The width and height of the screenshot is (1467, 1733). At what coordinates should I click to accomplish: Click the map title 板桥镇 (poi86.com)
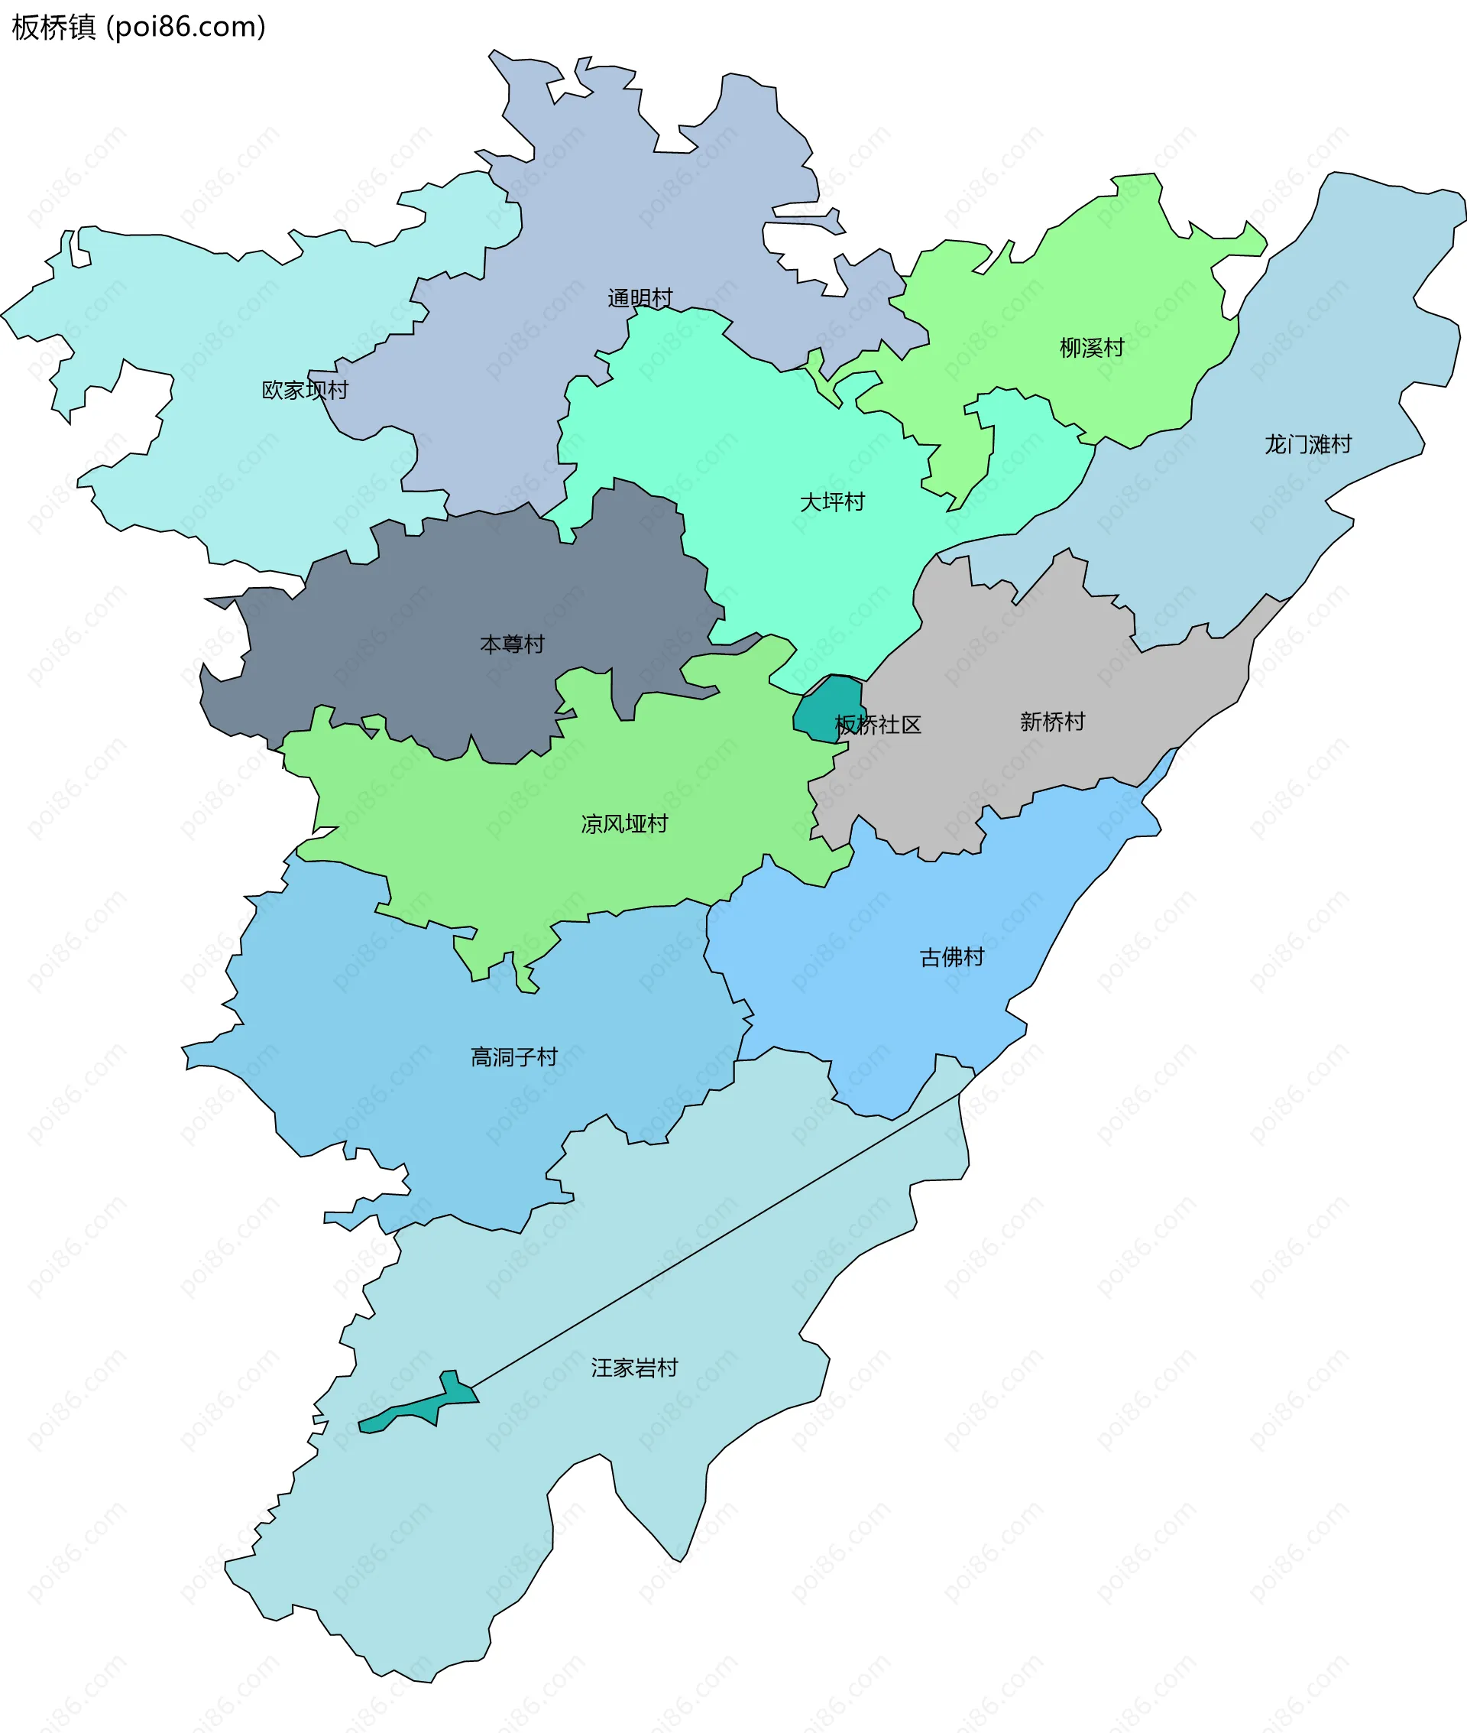pyautogui.click(x=138, y=28)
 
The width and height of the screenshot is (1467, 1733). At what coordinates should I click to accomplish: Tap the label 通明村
pyautogui.click(x=640, y=298)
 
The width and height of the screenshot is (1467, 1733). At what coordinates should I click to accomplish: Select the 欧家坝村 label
pyautogui.click(x=304, y=389)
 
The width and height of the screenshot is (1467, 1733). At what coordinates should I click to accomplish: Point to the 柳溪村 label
pyautogui.click(x=1091, y=347)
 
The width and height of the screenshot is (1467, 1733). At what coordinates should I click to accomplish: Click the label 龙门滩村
pyautogui.click(x=1307, y=444)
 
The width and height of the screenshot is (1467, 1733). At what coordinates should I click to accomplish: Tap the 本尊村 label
pyautogui.click(x=511, y=644)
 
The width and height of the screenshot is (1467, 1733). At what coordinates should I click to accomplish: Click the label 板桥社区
pyautogui.click(x=877, y=725)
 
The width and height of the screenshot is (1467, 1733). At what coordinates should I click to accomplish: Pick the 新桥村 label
pyautogui.click(x=1052, y=722)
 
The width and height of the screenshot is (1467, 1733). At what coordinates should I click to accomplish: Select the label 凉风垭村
pyautogui.click(x=623, y=823)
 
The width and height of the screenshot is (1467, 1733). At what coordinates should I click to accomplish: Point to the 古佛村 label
pyautogui.click(x=951, y=957)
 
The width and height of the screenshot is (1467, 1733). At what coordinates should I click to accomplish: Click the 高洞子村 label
pyautogui.click(x=513, y=1056)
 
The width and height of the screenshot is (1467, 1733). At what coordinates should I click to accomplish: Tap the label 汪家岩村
pyautogui.click(x=633, y=1368)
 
